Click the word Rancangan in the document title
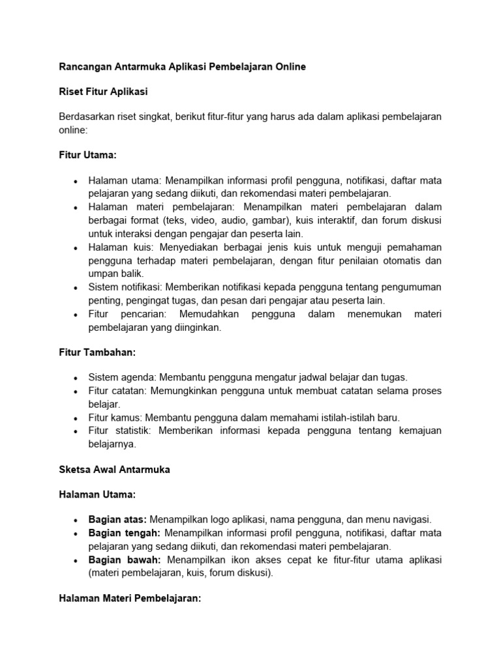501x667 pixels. pos(83,66)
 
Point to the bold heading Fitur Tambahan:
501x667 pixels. pos(97,352)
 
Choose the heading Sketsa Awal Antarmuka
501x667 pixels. pos(114,470)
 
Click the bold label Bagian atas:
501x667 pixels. pos(117,520)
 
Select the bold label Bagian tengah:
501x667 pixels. pos(122,533)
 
